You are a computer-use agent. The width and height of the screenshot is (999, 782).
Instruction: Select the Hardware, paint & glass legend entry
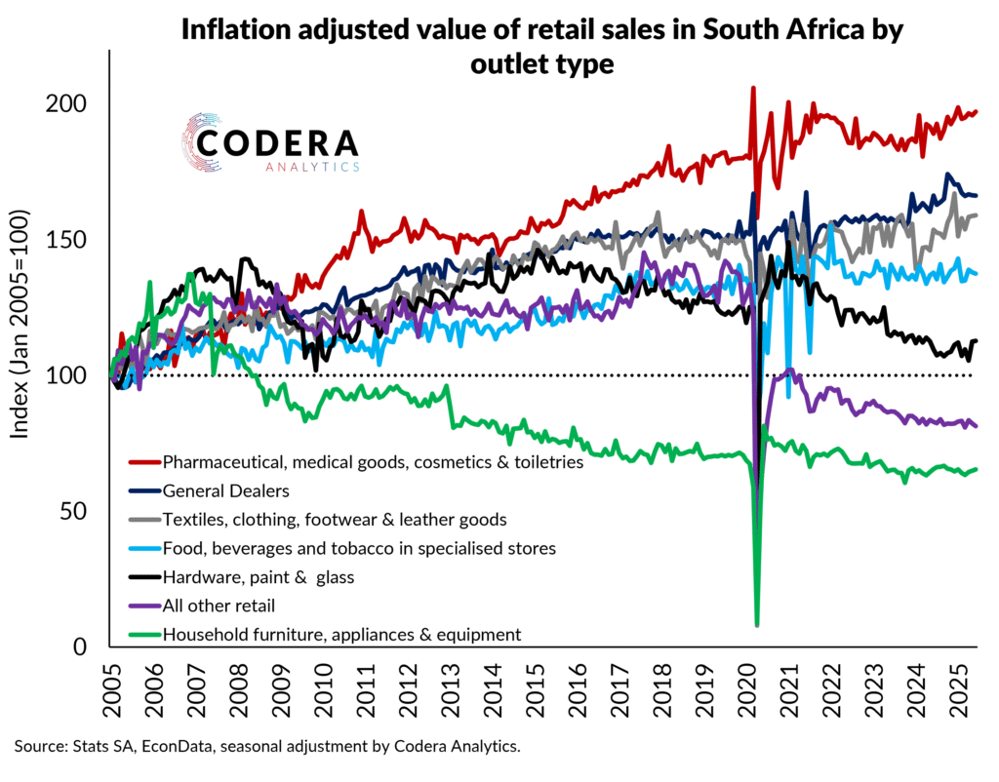tap(258, 576)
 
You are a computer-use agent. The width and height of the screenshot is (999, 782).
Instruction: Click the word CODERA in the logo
tap(278, 143)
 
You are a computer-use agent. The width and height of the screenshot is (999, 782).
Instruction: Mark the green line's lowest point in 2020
tap(757, 624)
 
